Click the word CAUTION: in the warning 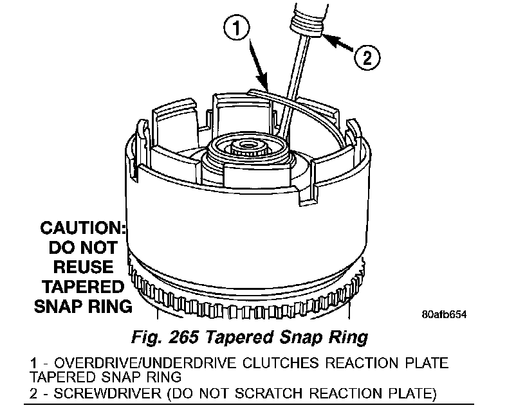(x=82, y=227)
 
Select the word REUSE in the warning (x=82, y=266)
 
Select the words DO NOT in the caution (x=82, y=247)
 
